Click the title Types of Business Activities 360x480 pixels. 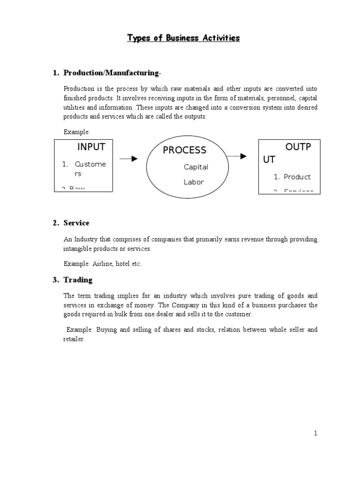[x=183, y=38]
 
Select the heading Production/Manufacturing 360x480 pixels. [x=112, y=73]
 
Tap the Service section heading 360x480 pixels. [x=76, y=223]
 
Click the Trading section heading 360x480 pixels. [x=78, y=280]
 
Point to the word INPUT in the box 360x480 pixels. [x=91, y=147]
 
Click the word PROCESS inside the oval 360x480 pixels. [x=184, y=150]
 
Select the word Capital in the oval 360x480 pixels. [x=196, y=167]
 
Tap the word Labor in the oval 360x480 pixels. [x=194, y=182]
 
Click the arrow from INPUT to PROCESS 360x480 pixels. [x=128, y=158]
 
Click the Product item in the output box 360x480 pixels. [x=297, y=177]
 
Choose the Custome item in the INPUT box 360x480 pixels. [x=90, y=164]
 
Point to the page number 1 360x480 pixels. [x=316, y=434]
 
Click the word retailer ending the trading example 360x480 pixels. [x=74, y=339]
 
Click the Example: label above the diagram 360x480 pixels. [x=74, y=132]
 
